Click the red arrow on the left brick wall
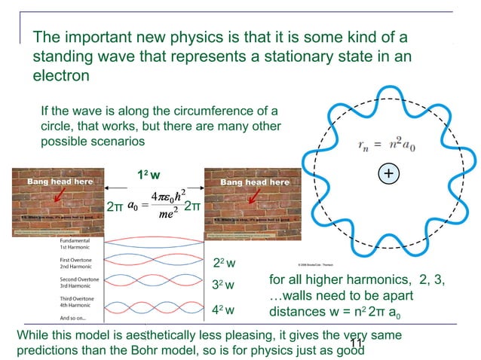pos(52,198)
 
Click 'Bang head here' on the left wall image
pos(60,182)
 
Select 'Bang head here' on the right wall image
pos(254,182)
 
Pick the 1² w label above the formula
pos(148,175)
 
